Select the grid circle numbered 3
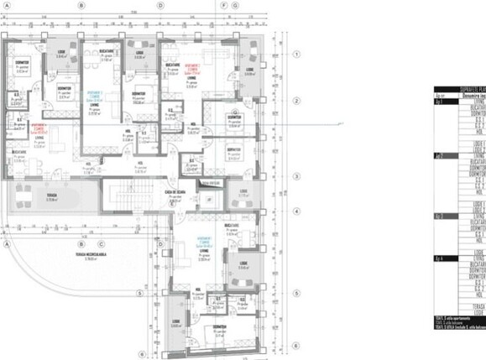[x=296, y=177]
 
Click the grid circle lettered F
[x=224, y=5]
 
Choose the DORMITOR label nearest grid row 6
[x=221, y=327]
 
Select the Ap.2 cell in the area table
[x=440, y=156]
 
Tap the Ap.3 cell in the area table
[x=440, y=216]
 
